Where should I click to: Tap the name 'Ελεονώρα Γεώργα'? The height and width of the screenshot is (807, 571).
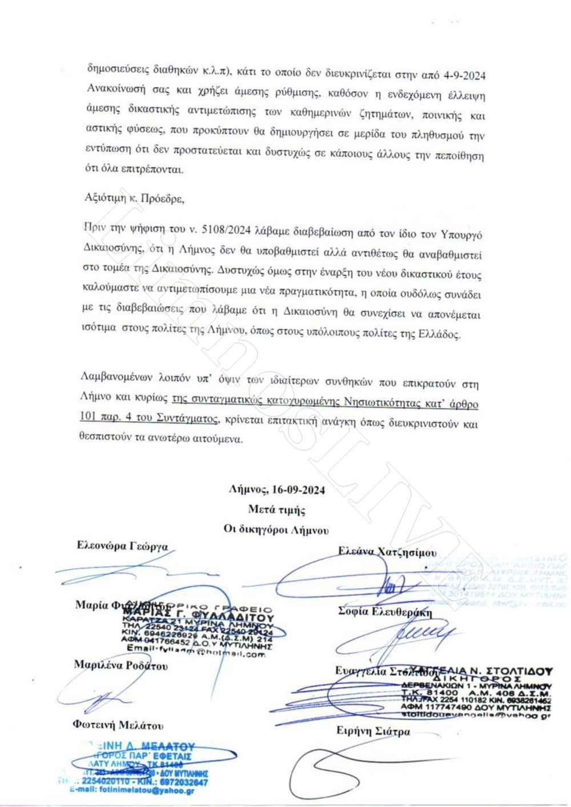(122, 546)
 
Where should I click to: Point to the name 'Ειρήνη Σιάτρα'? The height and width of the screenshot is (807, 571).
(373, 731)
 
